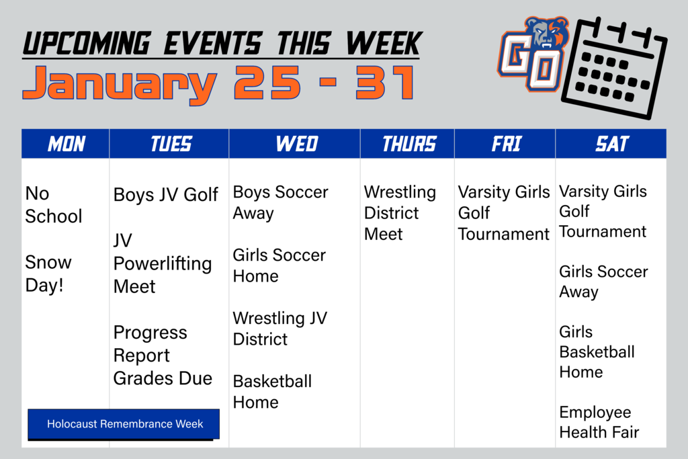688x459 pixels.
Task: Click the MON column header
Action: tap(66, 144)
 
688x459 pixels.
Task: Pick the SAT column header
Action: tap(611, 144)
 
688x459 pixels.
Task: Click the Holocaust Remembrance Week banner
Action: tap(124, 424)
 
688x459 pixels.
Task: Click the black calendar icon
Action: tap(614, 67)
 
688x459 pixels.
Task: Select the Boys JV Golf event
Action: tap(165, 194)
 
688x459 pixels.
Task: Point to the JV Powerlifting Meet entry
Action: tap(163, 263)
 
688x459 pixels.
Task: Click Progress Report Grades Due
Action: tap(163, 356)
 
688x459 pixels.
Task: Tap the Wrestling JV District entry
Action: tap(280, 329)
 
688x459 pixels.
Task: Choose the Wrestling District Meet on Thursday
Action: tap(400, 213)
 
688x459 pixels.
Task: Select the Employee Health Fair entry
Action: tap(599, 422)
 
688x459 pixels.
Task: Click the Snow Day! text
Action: tap(48, 274)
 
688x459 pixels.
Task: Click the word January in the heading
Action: tap(120, 84)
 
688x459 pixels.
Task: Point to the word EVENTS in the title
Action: tap(213, 44)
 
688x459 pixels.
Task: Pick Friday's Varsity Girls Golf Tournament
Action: tap(504, 213)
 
